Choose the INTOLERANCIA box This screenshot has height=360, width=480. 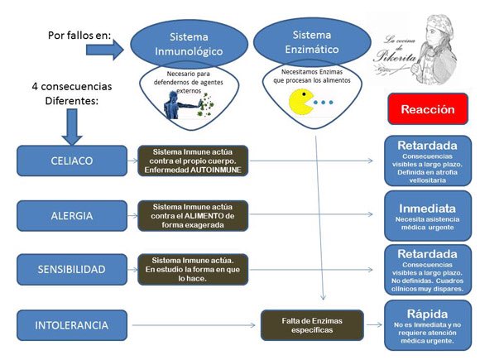(71, 325)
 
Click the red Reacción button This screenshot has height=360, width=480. (428, 108)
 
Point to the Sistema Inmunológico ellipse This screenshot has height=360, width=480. (190, 45)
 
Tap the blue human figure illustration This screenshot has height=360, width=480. (177, 105)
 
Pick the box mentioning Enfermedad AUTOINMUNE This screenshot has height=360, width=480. (193, 161)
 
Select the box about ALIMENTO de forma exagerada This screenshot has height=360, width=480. (193, 215)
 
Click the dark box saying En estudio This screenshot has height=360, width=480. (193, 270)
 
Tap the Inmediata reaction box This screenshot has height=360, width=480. (427, 214)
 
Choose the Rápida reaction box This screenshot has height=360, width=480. (427, 326)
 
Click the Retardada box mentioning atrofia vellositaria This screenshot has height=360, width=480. (427, 160)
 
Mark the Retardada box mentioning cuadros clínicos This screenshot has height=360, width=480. (427, 270)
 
